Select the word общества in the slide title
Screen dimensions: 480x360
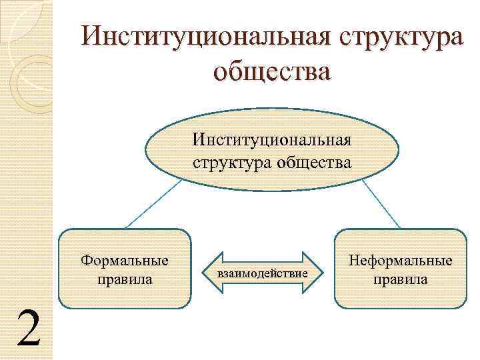pyautogui.click(x=271, y=71)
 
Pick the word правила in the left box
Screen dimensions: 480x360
pyautogui.click(x=125, y=278)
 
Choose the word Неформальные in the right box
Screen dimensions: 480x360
pyautogui.click(x=400, y=260)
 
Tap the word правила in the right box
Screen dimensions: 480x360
pyautogui.click(x=400, y=279)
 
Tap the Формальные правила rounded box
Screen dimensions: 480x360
pyautogui.click(x=125, y=293)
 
